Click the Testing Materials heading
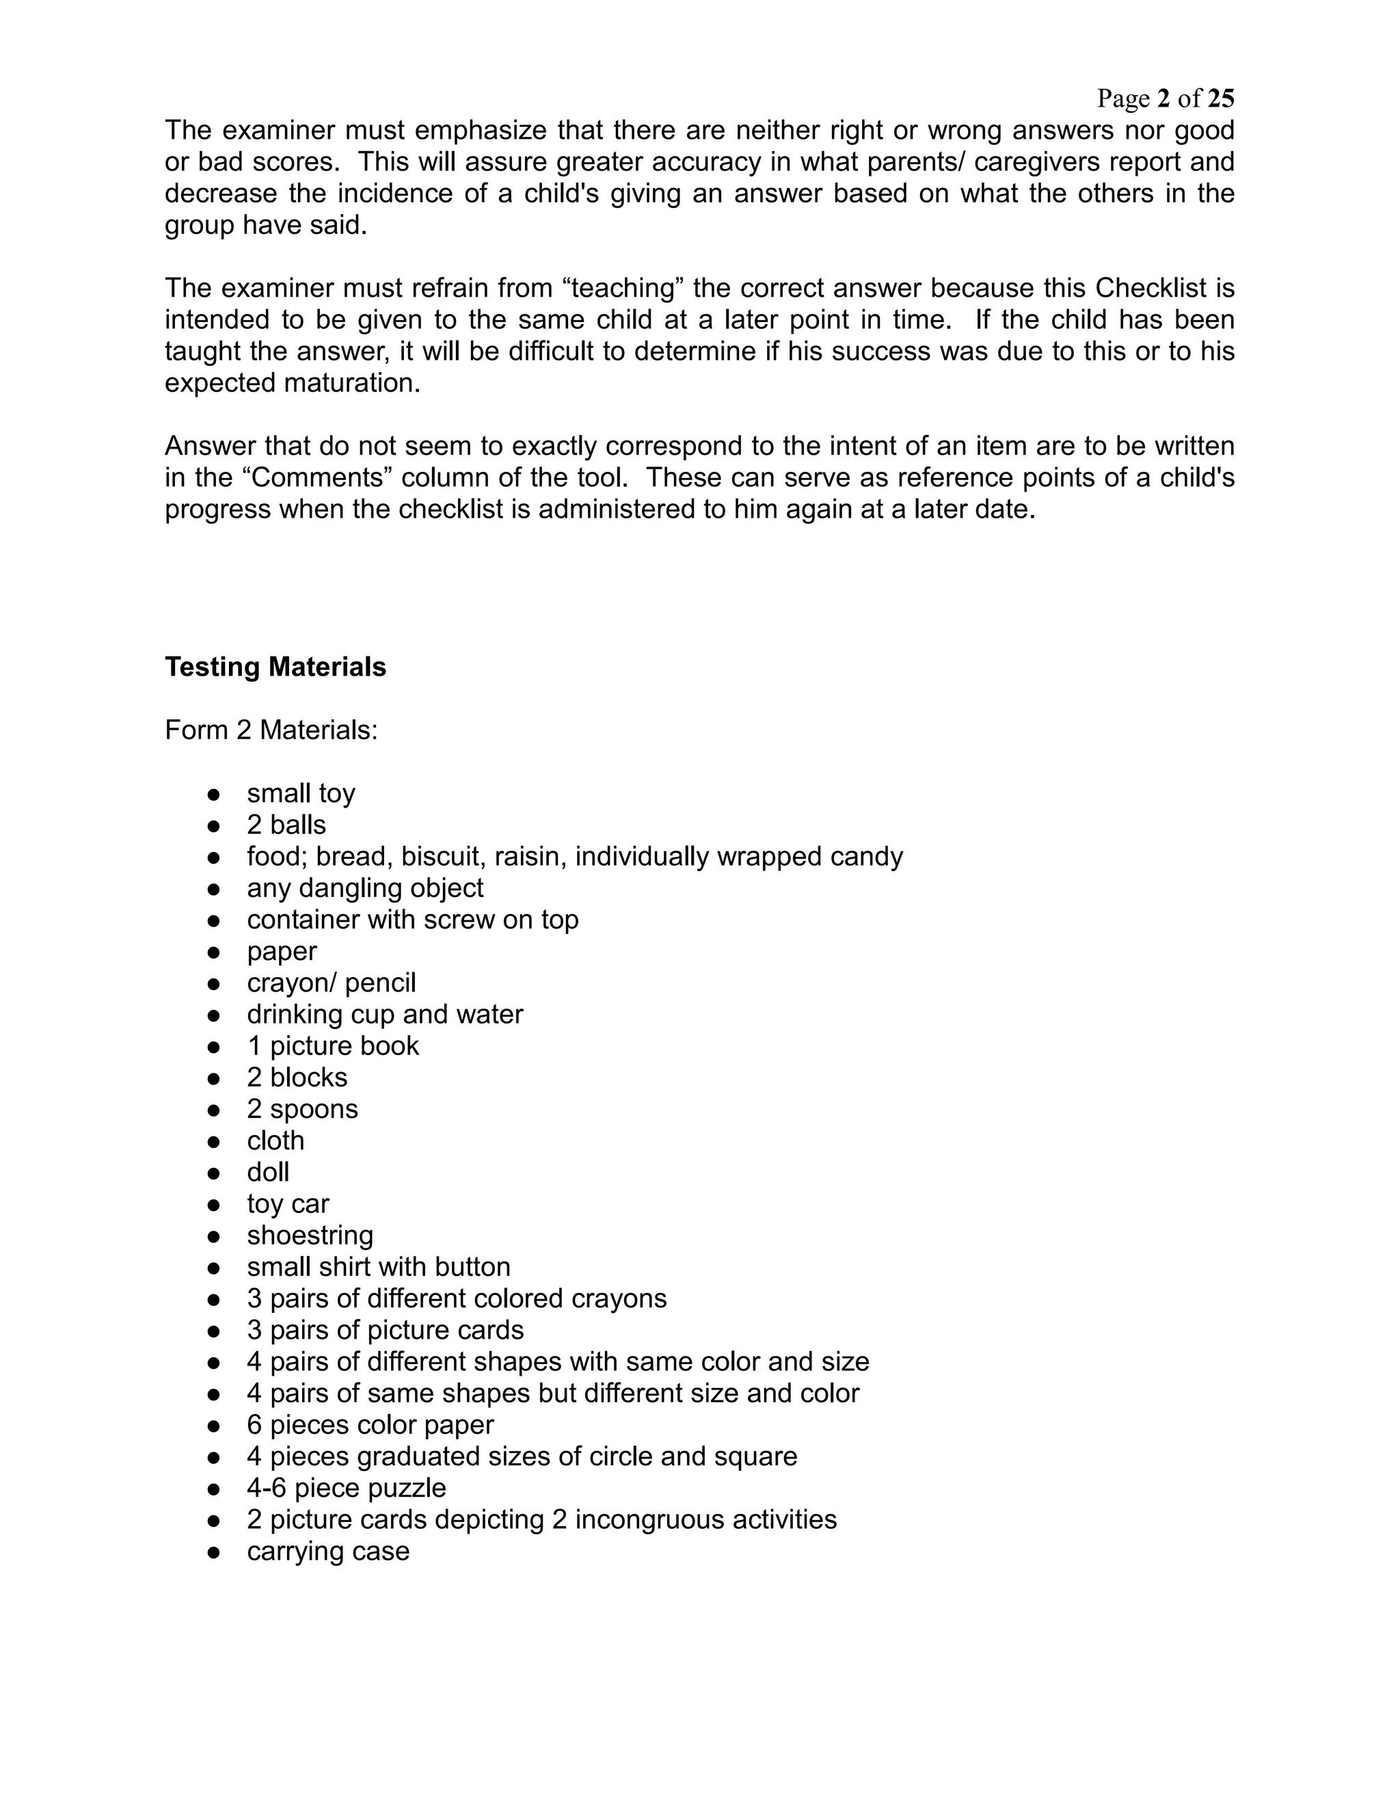275,667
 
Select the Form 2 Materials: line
271,730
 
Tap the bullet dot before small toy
214,795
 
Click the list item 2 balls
286,825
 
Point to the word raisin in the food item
530,856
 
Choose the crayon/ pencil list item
331,983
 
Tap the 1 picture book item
333,1045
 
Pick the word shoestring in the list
310,1236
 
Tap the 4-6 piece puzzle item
346,1488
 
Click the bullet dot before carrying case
214,1552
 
